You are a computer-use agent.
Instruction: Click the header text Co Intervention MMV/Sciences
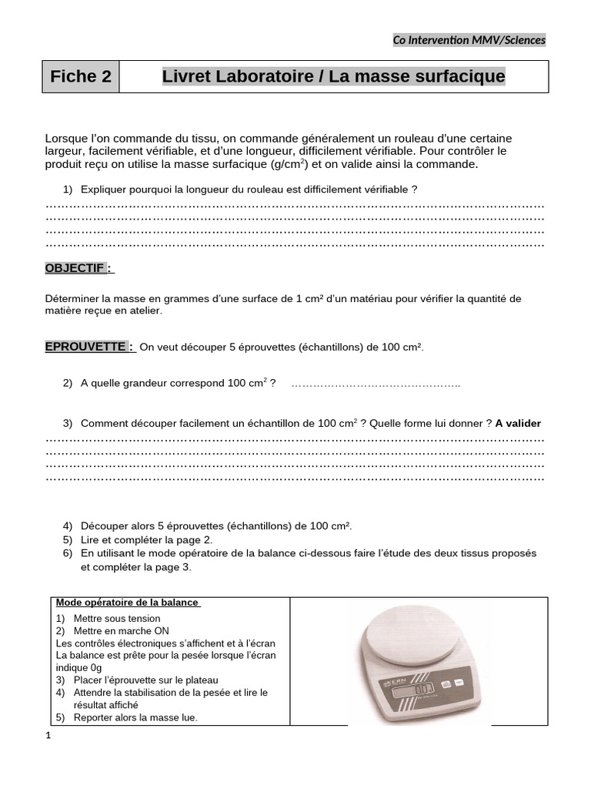[x=469, y=40]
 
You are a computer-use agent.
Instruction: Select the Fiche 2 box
[x=81, y=77]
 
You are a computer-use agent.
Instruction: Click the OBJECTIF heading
[x=78, y=268]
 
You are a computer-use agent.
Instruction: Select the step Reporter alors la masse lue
[x=135, y=717]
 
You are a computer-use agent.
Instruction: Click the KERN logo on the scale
[x=387, y=683]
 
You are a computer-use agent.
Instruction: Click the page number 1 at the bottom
[x=48, y=736]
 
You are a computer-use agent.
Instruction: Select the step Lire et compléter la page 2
[x=146, y=539]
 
